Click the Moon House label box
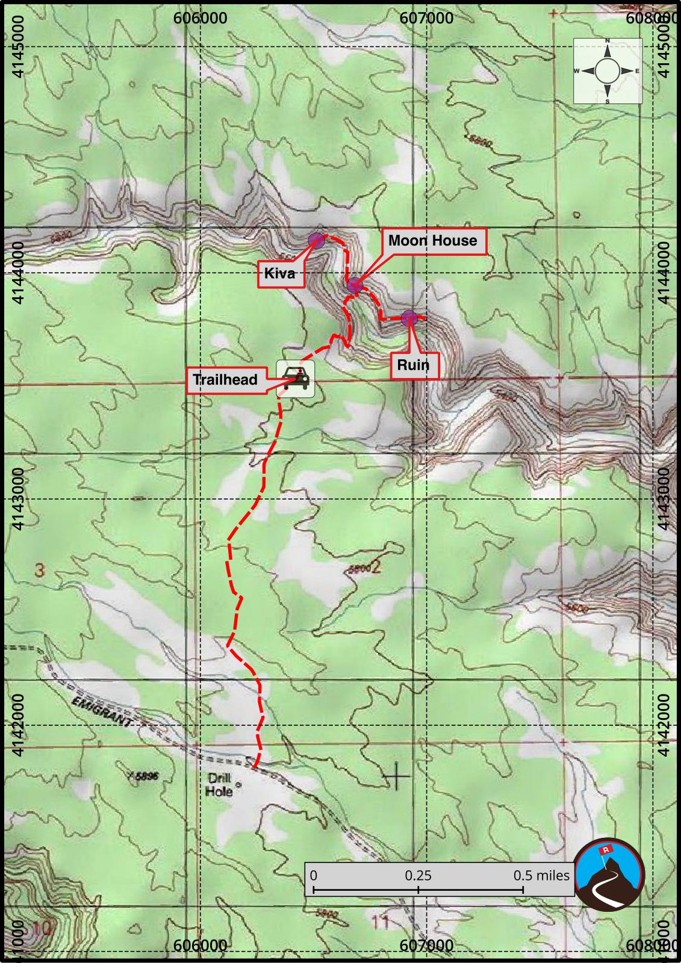[x=432, y=241]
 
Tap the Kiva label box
[x=280, y=274]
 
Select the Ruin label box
[x=414, y=365]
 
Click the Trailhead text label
[x=225, y=380]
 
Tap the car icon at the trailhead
[x=295, y=379]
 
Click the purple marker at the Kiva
[x=316, y=241]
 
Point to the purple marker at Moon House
[x=354, y=286]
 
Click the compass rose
[x=608, y=71]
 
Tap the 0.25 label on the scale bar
[x=418, y=875]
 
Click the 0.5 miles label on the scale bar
[x=541, y=875]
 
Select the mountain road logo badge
[x=609, y=874]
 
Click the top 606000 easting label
[x=200, y=17]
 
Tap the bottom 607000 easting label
[x=426, y=945]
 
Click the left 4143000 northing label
[x=18, y=499]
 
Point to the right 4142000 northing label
[x=664, y=725]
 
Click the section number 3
[x=39, y=570]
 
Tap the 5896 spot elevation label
[x=143, y=776]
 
